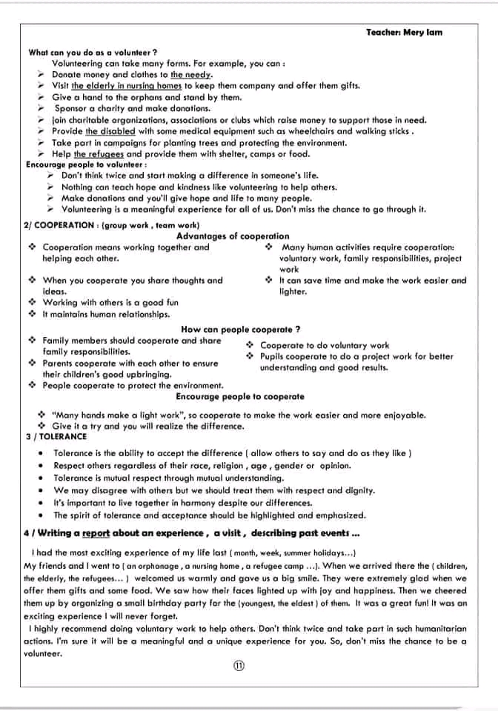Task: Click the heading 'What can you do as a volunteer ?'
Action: (x=92, y=53)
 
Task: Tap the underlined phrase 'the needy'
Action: (x=191, y=75)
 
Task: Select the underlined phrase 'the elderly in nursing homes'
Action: (x=127, y=86)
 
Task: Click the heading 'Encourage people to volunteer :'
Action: (x=86, y=164)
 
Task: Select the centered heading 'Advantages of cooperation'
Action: (x=233, y=236)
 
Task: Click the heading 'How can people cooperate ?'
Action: (x=240, y=329)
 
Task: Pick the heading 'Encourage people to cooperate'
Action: (x=240, y=396)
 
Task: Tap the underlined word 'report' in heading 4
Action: (x=96, y=533)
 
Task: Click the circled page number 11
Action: (x=239, y=666)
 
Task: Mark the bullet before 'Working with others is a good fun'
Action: (x=32, y=302)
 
